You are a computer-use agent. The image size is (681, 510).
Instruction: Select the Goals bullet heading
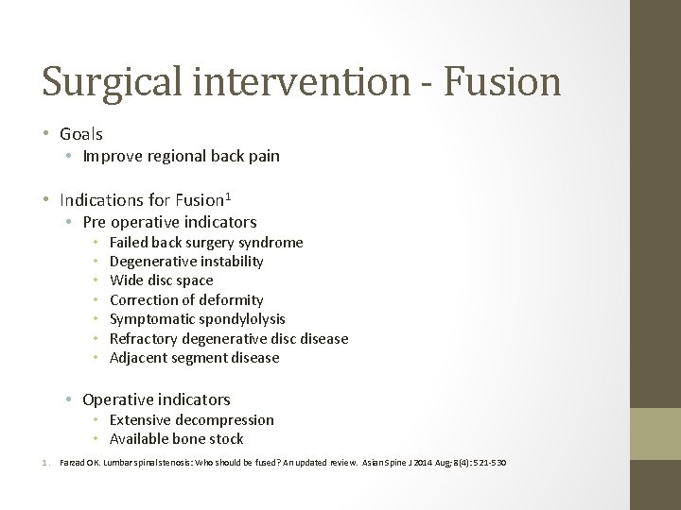click(80, 134)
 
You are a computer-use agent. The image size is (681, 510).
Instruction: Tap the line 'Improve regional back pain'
click(181, 156)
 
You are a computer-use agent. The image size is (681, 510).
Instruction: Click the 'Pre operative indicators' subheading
click(169, 222)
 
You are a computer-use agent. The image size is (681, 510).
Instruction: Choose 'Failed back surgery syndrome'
click(206, 242)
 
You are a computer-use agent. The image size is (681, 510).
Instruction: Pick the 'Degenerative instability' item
click(186, 261)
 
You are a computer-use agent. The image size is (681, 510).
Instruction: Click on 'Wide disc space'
click(161, 280)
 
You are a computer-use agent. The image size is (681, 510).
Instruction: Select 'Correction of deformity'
click(186, 299)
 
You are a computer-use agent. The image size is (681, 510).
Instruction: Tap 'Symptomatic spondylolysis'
click(197, 319)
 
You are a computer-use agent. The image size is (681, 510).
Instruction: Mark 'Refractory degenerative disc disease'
click(229, 338)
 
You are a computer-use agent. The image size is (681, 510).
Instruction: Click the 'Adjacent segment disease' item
click(194, 357)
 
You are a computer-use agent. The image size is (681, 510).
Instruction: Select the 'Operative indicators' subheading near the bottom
click(156, 399)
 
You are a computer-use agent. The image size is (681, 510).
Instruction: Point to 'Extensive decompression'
click(191, 419)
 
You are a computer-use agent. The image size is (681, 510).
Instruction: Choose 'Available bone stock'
click(176, 438)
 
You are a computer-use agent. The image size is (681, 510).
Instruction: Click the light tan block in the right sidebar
click(656, 433)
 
